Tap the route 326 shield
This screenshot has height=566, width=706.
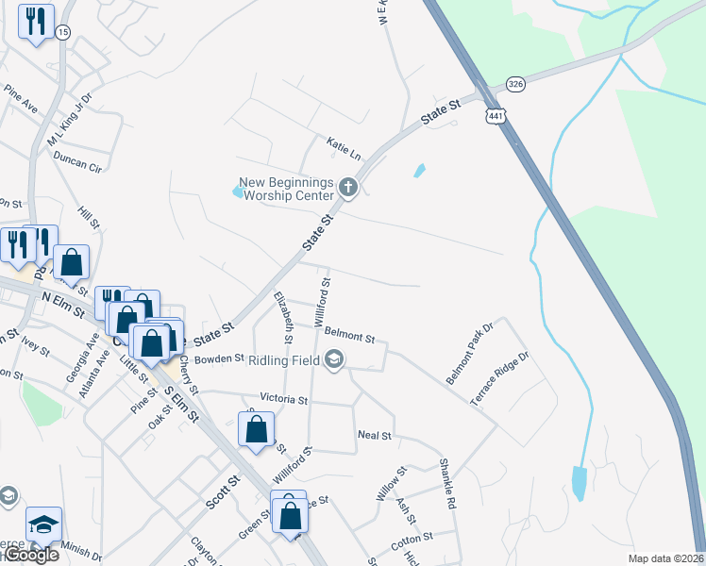(x=515, y=84)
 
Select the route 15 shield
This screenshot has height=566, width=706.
(x=62, y=32)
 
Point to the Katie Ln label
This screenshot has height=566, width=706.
(x=345, y=147)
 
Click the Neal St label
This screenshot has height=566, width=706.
(x=375, y=435)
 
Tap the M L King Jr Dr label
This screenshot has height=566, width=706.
(x=71, y=120)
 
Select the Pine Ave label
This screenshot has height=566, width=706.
(x=20, y=100)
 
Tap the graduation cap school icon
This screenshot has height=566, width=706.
(x=42, y=524)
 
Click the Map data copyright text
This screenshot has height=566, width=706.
(x=665, y=558)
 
